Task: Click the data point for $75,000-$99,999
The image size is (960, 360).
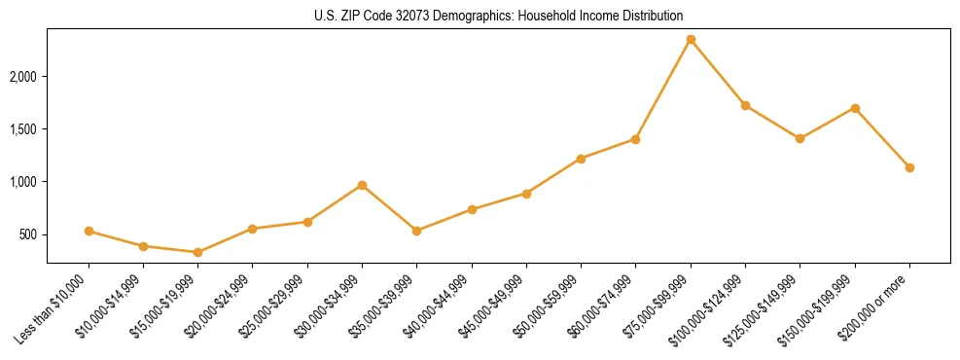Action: [x=691, y=40]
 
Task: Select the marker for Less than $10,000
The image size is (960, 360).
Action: [x=89, y=232]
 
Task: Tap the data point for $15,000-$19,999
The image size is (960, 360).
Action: [x=198, y=252]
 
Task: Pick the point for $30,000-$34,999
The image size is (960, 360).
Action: [x=362, y=185]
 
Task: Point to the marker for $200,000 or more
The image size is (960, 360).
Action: [x=909, y=167]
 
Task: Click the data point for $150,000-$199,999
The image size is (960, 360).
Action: [x=855, y=108]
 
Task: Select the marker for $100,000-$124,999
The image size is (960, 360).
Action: [x=745, y=105]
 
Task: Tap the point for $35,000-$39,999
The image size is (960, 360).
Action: [x=417, y=231]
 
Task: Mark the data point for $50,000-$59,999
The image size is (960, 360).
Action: [x=581, y=159]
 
